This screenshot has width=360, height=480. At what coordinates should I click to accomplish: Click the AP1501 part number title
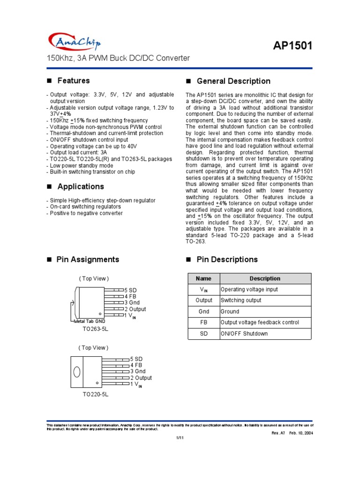click(x=292, y=46)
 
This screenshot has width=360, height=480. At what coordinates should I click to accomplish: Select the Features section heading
click(x=74, y=81)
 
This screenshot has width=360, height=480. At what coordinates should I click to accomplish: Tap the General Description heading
click(x=233, y=81)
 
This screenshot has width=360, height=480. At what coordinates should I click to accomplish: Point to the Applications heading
click(x=81, y=187)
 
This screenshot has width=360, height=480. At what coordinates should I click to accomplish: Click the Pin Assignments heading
click(x=88, y=260)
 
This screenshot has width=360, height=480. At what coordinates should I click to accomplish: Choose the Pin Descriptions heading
click(x=227, y=260)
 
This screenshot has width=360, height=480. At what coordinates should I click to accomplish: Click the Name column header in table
click(x=203, y=278)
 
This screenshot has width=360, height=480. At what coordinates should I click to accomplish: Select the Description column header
click(x=265, y=278)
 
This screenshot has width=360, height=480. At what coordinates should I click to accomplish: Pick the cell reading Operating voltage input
click(x=249, y=290)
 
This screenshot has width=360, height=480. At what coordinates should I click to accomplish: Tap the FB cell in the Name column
click(x=203, y=322)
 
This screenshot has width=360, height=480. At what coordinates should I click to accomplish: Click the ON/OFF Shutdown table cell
click(x=244, y=334)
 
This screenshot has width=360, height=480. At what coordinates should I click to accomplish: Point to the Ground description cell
click(x=230, y=312)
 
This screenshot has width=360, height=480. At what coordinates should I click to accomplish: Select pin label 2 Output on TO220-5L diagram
click(x=141, y=378)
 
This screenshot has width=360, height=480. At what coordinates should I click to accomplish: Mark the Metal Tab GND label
click(x=90, y=322)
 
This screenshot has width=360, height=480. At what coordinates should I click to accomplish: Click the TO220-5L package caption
click(x=96, y=395)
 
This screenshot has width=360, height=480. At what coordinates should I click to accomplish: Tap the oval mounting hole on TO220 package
click(x=77, y=371)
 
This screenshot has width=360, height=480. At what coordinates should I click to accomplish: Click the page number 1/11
click(x=180, y=438)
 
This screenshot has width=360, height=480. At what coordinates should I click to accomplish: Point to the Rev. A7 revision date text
click(x=292, y=433)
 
